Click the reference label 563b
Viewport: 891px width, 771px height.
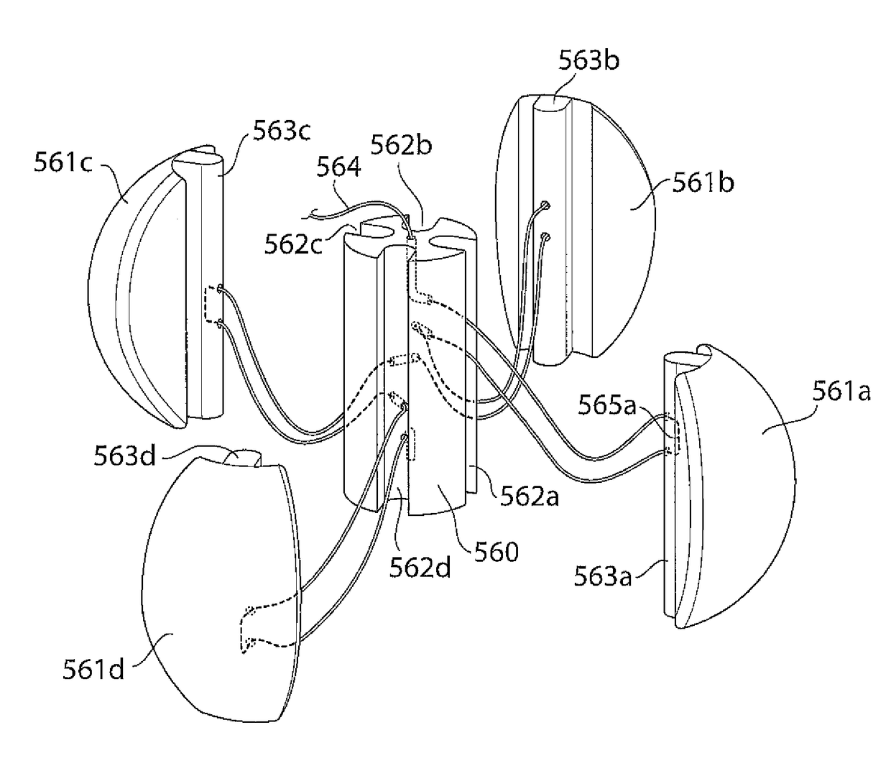[x=588, y=60]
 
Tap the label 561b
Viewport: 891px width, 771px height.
[x=703, y=183]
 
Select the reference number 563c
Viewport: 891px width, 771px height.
[x=281, y=132]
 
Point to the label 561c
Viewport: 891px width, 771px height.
[x=63, y=162]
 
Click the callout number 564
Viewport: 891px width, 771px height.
[x=338, y=167]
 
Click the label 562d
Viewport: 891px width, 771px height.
[x=420, y=568]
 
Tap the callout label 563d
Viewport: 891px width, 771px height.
[x=124, y=456]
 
